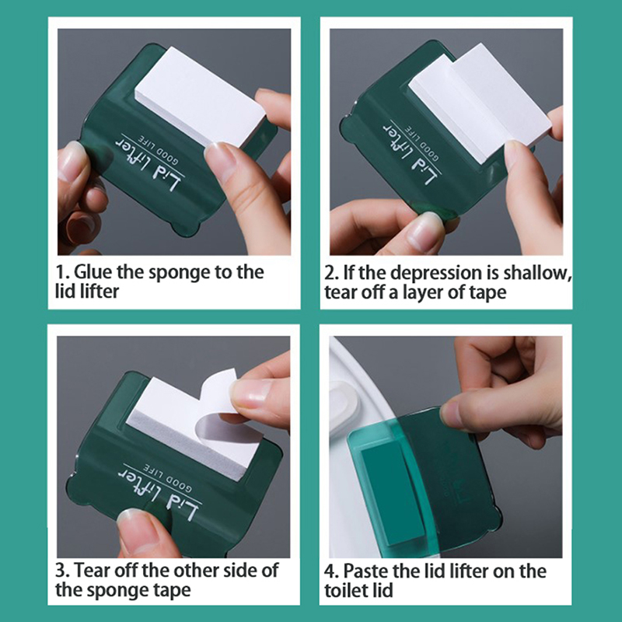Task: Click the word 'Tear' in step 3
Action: [x=92, y=571]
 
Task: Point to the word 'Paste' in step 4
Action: [x=365, y=571]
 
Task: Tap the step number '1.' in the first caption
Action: [x=62, y=273]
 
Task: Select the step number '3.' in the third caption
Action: [x=63, y=571]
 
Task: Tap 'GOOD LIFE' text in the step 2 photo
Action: [x=421, y=143]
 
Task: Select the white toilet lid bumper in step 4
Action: [x=344, y=404]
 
